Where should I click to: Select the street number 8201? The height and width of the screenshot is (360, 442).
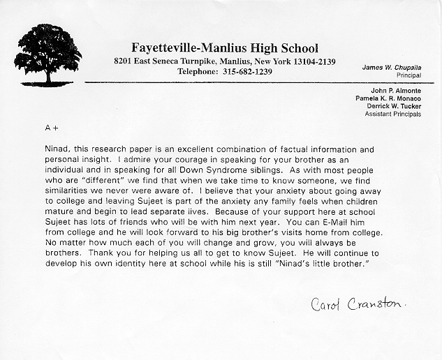(126, 61)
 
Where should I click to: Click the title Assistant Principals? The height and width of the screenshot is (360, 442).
(393, 114)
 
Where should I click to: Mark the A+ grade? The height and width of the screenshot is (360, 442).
(51, 128)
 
